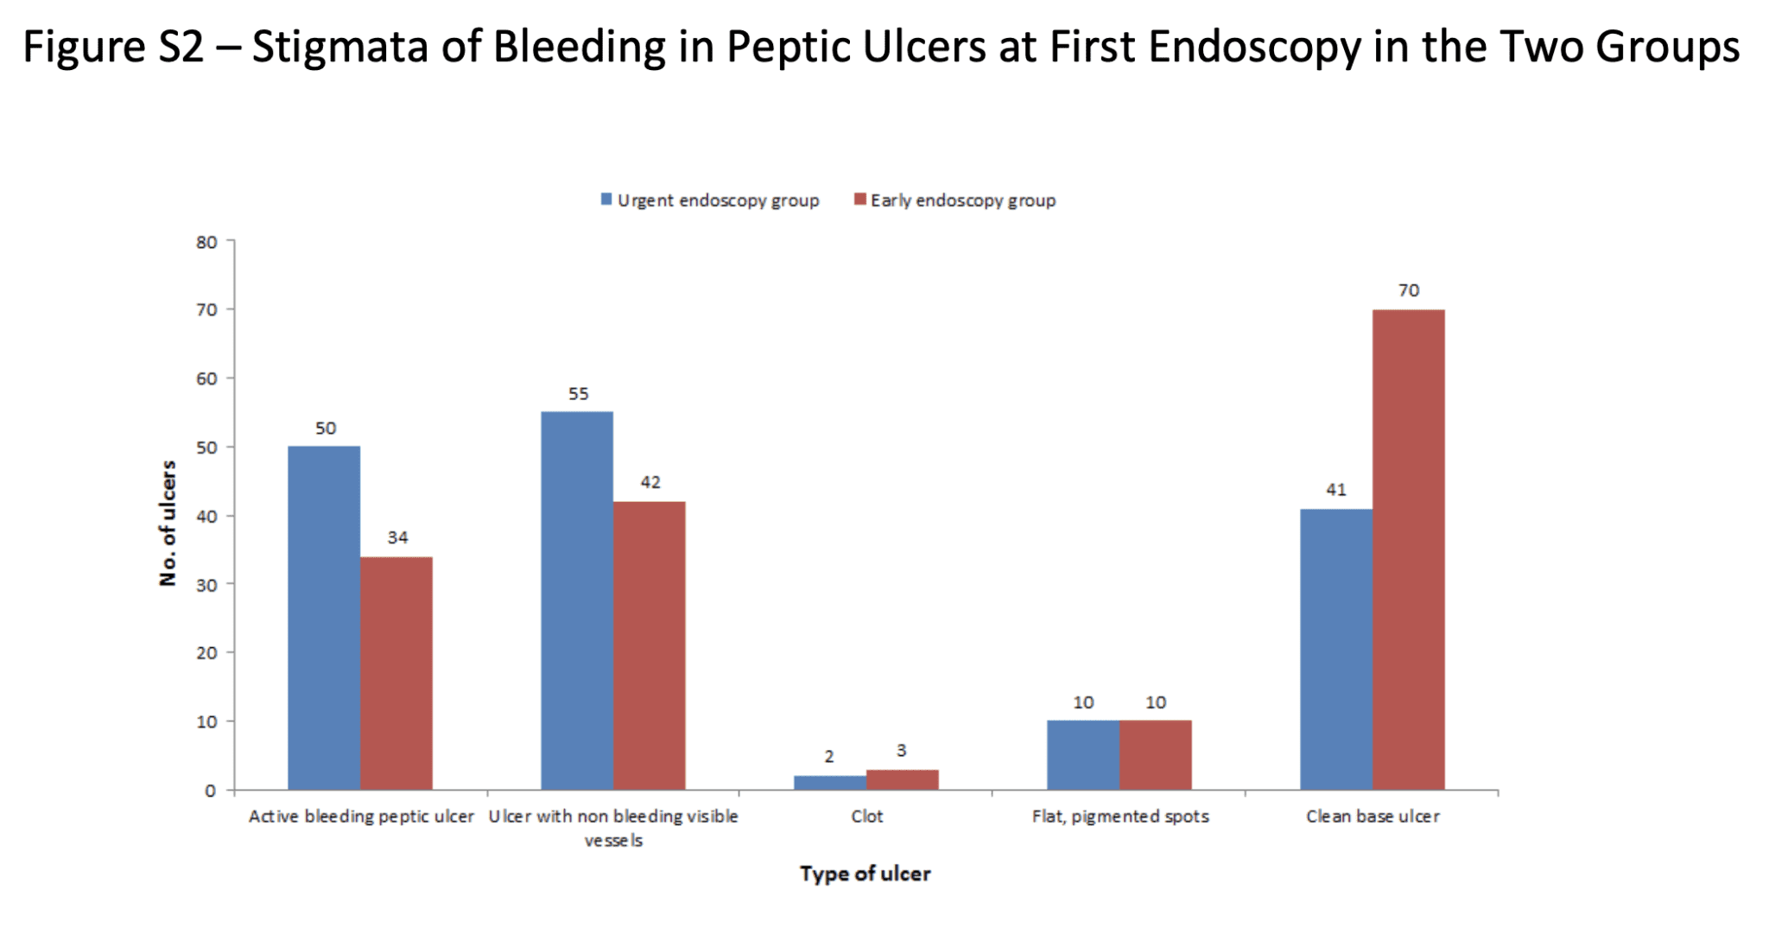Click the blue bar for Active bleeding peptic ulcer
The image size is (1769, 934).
click(x=324, y=618)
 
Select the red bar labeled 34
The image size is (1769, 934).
click(x=396, y=673)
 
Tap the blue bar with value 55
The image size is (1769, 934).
click(x=577, y=600)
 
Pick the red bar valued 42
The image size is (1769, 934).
click(x=650, y=645)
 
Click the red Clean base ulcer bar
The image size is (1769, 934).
click(x=1409, y=550)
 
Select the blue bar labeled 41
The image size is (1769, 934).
click(x=1336, y=649)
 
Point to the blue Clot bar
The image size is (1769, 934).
click(x=830, y=783)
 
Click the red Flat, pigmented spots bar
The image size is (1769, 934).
click(x=1156, y=755)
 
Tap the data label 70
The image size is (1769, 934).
click(x=1409, y=290)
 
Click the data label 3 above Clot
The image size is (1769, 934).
click(x=901, y=751)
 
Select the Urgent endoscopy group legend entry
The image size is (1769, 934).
click(x=710, y=200)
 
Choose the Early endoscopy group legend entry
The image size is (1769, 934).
click(x=955, y=200)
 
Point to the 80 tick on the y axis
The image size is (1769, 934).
click(x=206, y=243)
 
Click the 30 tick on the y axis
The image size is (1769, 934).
click(x=206, y=585)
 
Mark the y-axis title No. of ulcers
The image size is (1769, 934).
click(x=168, y=523)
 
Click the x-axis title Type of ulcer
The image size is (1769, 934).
click(x=865, y=874)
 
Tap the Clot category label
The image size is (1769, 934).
click(x=866, y=816)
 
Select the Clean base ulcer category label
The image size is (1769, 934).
click(x=1373, y=816)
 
